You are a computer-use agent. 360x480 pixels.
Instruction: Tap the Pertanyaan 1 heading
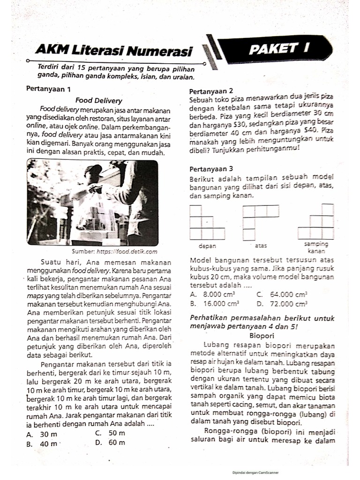48,89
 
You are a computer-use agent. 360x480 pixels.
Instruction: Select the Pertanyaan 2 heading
211,91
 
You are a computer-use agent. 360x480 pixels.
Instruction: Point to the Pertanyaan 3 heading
211,169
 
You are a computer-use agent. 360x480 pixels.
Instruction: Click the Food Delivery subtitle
98,100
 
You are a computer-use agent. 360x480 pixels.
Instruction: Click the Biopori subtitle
262,336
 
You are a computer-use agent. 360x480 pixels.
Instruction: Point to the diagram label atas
261,245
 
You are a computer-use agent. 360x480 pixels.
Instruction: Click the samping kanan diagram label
317,247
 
